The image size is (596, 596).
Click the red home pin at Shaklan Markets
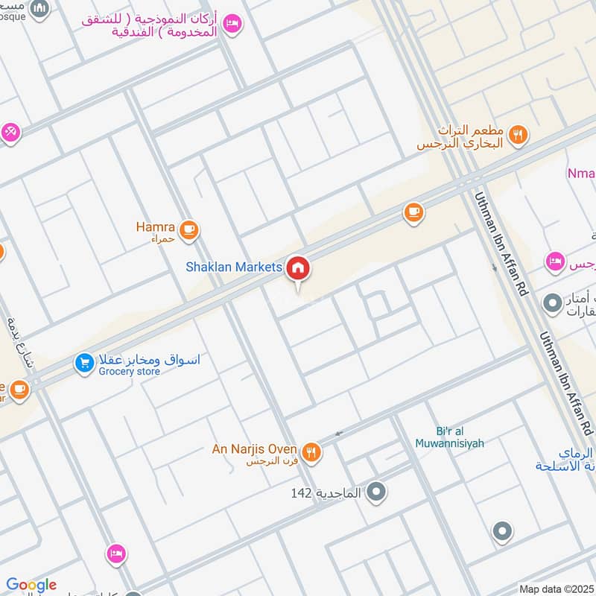298,268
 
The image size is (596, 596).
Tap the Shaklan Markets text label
234,267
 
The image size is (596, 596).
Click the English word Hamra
155,225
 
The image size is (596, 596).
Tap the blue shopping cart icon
84,364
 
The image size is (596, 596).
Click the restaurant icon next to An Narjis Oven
311,451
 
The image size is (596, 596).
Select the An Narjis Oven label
254,449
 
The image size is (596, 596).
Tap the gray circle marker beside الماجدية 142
377,492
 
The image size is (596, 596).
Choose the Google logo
31,585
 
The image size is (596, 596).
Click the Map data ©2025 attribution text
555,589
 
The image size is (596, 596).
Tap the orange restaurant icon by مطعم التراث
519,135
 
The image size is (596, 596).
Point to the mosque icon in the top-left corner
42,9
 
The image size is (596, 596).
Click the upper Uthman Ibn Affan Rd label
501,243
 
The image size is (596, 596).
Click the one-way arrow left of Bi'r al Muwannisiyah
339,433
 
